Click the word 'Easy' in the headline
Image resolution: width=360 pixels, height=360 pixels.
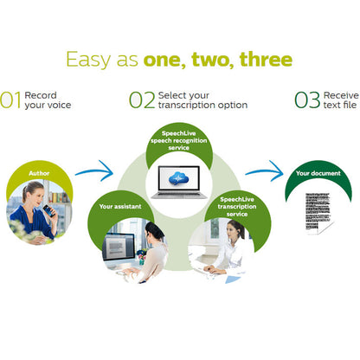(x=88, y=60)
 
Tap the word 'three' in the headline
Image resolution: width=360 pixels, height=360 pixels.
(x=266, y=59)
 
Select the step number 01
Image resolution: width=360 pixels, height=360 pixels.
(x=10, y=100)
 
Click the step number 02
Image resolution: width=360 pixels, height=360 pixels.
(x=142, y=100)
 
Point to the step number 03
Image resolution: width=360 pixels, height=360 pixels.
(x=307, y=100)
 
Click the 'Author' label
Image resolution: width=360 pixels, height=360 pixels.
(x=39, y=173)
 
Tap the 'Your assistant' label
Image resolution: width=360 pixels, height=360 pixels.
(x=120, y=206)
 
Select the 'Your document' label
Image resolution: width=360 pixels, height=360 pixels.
(x=318, y=173)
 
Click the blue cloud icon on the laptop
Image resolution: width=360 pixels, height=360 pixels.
(x=178, y=178)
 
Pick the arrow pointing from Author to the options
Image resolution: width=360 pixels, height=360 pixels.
(x=95, y=170)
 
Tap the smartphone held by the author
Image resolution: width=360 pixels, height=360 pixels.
(x=48, y=210)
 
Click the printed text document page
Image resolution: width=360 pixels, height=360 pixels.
(x=318, y=213)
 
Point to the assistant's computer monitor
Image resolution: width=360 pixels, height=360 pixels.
(x=119, y=247)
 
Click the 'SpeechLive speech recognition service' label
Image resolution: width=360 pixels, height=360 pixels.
(x=179, y=140)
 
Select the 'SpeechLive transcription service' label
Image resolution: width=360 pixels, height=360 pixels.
(x=237, y=207)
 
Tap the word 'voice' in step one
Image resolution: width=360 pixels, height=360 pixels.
(x=59, y=105)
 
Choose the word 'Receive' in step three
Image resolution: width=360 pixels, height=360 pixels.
(x=341, y=95)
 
